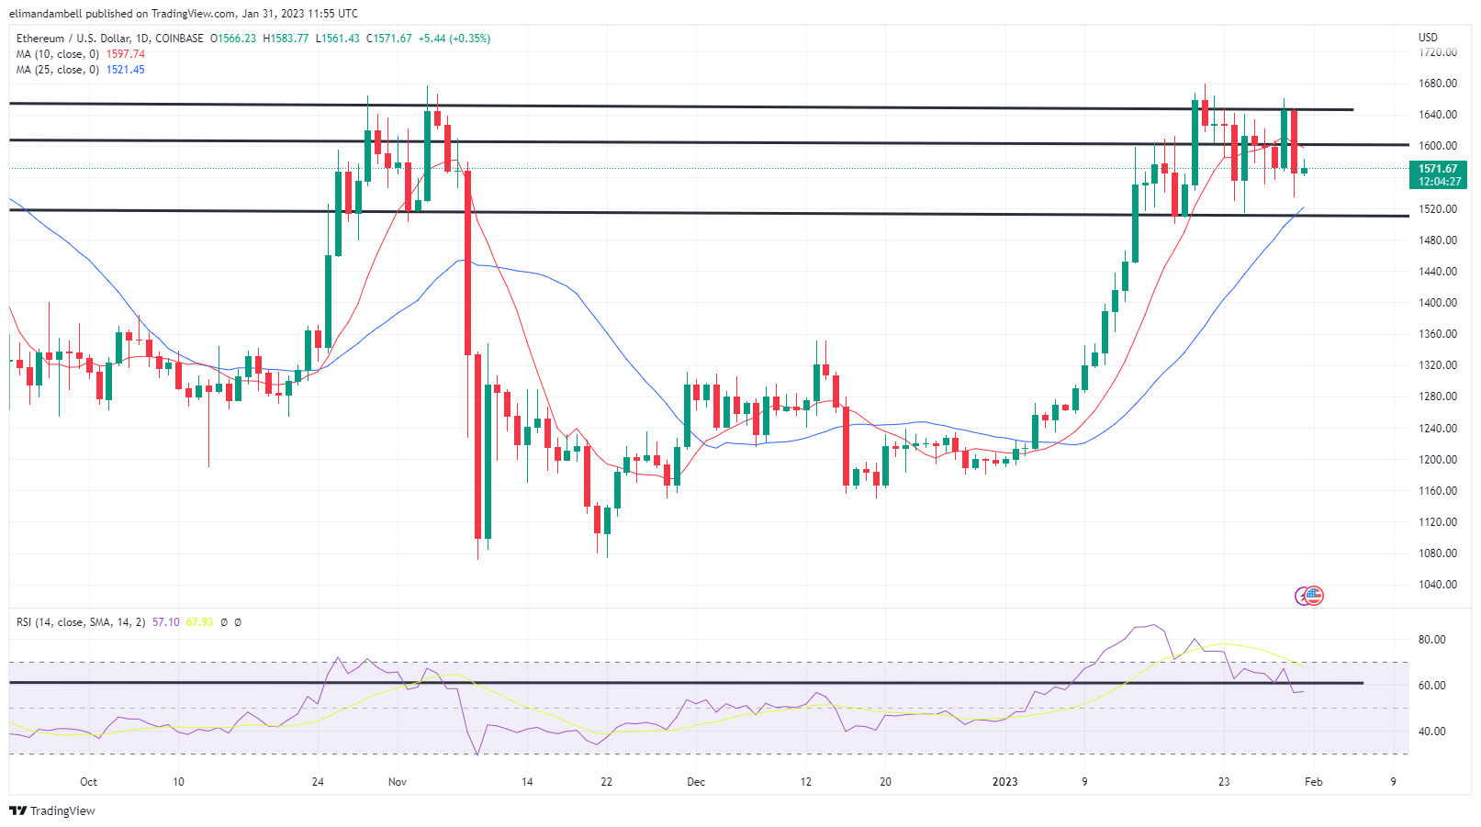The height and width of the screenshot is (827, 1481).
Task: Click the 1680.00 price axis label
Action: click(1437, 84)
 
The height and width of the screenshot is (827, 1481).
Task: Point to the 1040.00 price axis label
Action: click(1437, 585)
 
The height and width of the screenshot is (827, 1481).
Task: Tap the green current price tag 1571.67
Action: click(1437, 169)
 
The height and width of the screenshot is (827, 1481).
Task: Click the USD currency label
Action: click(1428, 38)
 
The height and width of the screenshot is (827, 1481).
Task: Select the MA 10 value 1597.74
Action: click(126, 54)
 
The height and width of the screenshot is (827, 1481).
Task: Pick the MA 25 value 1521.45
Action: click(126, 70)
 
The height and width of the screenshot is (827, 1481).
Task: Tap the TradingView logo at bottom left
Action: click(52, 810)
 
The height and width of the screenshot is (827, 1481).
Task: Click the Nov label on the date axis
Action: click(398, 782)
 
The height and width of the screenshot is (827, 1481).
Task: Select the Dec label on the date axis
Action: click(696, 782)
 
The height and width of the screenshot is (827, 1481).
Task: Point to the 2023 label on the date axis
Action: click(1005, 782)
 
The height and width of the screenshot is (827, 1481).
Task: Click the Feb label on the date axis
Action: click(1314, 782)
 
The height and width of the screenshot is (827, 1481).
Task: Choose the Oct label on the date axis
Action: click(88, 782)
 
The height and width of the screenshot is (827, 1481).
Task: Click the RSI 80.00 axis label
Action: click(1432, 640)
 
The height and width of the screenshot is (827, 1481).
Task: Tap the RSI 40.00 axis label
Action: click(1432, 732)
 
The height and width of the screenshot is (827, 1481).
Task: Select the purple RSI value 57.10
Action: click(166, 622)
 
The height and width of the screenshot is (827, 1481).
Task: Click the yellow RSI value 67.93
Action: click(199, 622)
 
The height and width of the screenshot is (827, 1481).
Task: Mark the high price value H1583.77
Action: click(286, 39)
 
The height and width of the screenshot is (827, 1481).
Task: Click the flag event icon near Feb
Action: click(1313, 596)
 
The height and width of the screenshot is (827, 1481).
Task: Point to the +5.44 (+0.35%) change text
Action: click(454, 39)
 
